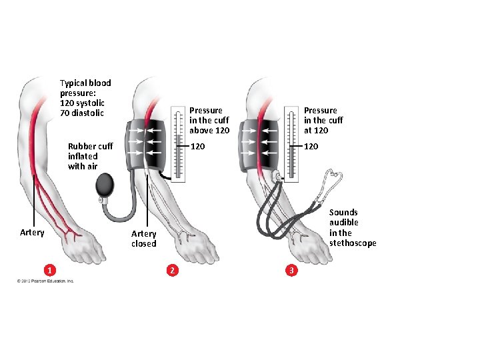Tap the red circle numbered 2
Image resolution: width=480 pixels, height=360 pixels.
point(173,270)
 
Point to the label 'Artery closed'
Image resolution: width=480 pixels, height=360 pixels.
point(143,239)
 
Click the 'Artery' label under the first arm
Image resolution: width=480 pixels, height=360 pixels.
point(32,233)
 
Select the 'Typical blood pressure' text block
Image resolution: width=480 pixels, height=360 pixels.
point(85,98)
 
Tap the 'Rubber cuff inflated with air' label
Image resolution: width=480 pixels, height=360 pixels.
point(90,156)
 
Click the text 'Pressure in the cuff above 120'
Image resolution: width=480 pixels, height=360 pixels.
point(209,120)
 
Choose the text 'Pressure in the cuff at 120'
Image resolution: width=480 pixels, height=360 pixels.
point(323,120)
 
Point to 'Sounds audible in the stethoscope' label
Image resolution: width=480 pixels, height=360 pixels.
point(353,228)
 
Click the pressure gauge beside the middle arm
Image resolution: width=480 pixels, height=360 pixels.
point(177,144)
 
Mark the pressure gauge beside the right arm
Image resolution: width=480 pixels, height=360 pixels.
point(291,144)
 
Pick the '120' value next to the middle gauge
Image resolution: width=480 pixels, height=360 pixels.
point(198,146)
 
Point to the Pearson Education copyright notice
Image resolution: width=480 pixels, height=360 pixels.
point(46,281)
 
